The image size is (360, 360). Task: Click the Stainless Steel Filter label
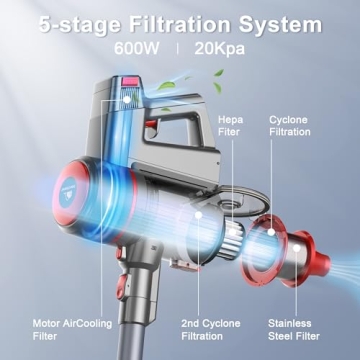tap(295, 330)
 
